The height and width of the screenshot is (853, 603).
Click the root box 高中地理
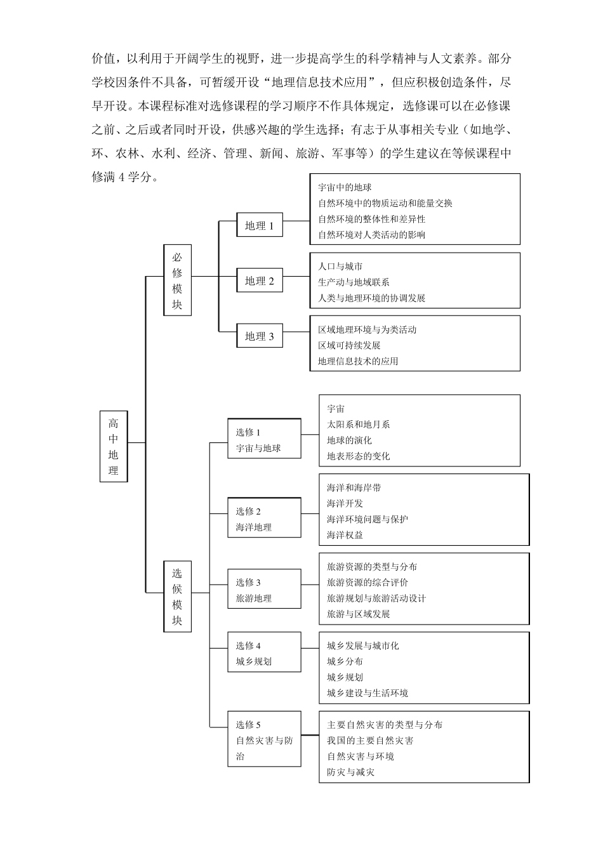(114, 446)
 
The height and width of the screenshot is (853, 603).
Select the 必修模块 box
(177, 280)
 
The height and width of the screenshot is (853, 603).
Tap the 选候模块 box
(177, 596)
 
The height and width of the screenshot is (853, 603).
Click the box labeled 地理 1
(259, 225)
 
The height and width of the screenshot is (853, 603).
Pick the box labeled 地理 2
(259, 281)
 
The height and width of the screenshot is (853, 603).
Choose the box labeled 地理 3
(259, 336)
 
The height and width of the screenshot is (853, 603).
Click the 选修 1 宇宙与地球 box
(264, 439)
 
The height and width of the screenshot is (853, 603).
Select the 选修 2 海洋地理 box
(264, 518)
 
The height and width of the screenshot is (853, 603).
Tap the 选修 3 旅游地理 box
(264, 590)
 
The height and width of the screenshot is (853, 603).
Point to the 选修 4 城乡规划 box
(264, 652)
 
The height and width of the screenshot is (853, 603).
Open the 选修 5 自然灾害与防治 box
(264, 739)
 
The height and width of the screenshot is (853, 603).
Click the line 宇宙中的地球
(345, 188)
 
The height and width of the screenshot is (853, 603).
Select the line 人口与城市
(340, 267)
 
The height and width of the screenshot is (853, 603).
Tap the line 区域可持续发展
(349, 345)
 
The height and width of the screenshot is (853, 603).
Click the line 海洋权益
(345, 535)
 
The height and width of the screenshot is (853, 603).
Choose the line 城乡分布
(345, 661)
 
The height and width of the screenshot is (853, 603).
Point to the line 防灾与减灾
(350, 772)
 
